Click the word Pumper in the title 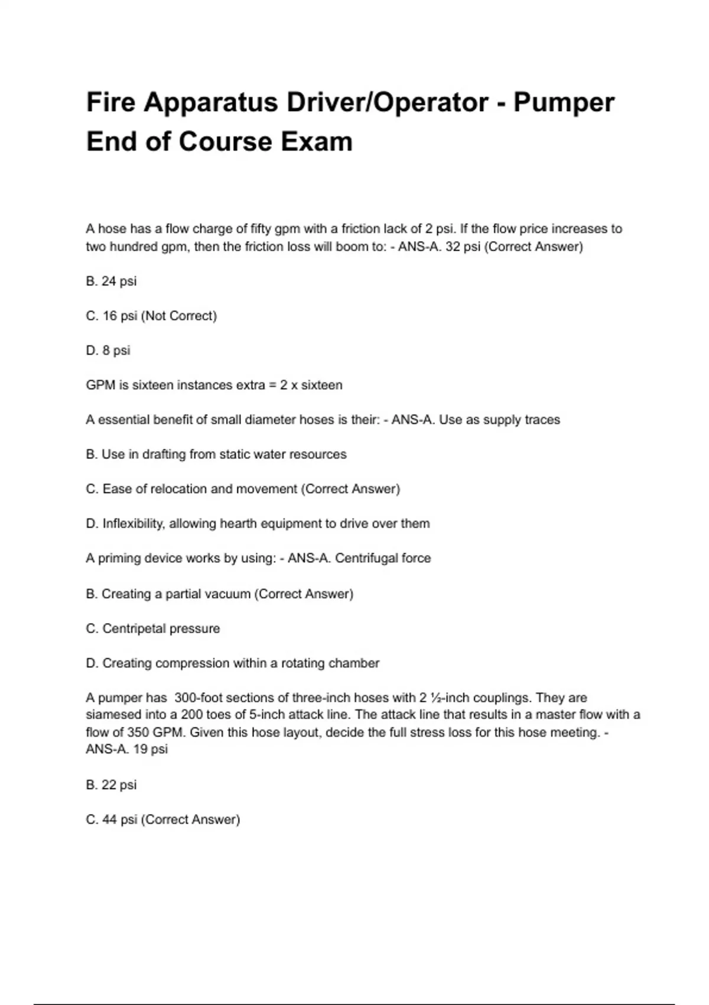coord(564,103)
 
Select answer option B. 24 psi coord(111,281)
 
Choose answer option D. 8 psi coord(108,351)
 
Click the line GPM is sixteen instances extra coord(214,385)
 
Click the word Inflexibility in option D coord(133,524)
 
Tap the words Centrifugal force coord(383,559)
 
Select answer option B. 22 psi coord(111,785)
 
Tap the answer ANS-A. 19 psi coord(127,750)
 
